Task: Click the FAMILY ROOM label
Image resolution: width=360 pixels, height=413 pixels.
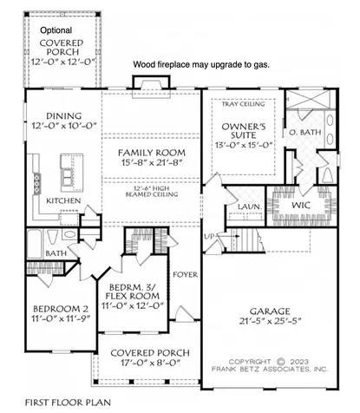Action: click(153, 153)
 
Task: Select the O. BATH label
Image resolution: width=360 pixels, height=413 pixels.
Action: click(305, 133)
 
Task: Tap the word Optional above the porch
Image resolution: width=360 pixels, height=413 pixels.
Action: click(56, 30)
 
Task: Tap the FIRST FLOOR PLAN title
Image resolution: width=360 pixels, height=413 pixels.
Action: click(60, 403)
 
